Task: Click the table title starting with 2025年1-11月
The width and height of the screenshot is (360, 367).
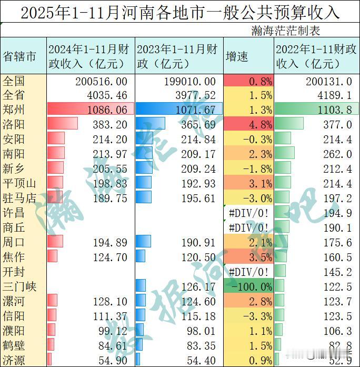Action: click(x=180, y=12)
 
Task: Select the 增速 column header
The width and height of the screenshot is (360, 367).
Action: click(x=237, y=56)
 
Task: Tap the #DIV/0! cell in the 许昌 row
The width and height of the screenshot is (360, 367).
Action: click(x=248, y=213)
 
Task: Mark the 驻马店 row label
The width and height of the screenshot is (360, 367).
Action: click(x=20, y=198)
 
